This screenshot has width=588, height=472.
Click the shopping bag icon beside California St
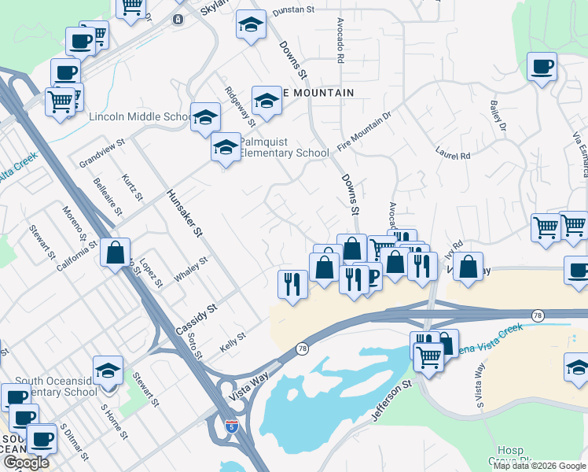[x=115, y=253]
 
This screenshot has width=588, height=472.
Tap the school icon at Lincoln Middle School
[x=205, y=117]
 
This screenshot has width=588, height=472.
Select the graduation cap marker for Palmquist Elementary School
[x=226, y=147]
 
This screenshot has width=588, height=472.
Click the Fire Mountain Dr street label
[x=365, y=132]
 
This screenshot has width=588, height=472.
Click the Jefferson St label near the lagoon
[x=392, y=402]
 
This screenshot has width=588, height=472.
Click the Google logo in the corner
[x=26, y=463]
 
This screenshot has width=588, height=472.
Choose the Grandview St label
[x=102, y=154]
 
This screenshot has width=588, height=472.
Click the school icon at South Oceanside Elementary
[x=108, y=371]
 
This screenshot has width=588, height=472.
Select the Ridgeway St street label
[x=240, y=107]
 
